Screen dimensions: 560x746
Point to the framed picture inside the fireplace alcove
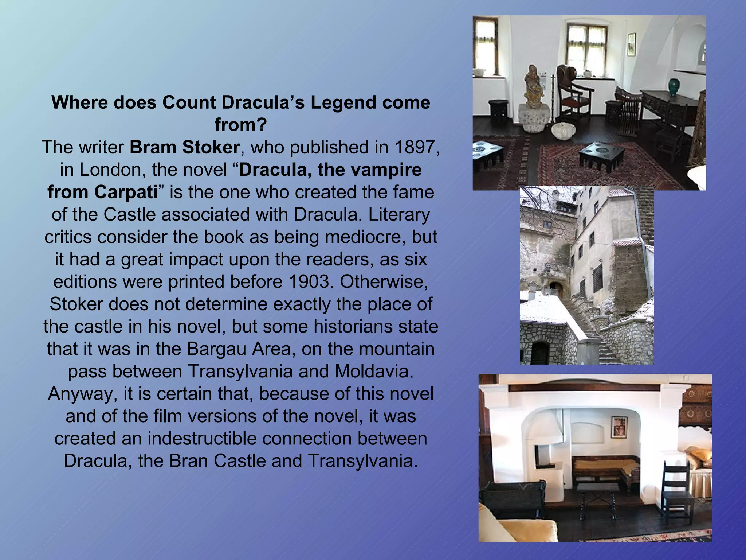tap(619, 427)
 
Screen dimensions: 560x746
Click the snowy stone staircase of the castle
tap(590, 328)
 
